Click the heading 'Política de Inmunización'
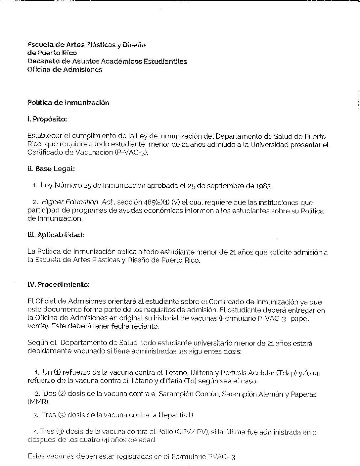click(x=68, y=103)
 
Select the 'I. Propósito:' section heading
click(x=47, y=119)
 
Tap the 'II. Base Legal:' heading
click(x=51, y=169)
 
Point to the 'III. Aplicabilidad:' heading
click(x=56, y=235)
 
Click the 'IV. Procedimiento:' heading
click(x=58, y=285)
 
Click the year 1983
click(x=263, y=186)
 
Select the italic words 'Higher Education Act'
click(x=77, y=202)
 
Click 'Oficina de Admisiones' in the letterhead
click(x=65, y=70)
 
